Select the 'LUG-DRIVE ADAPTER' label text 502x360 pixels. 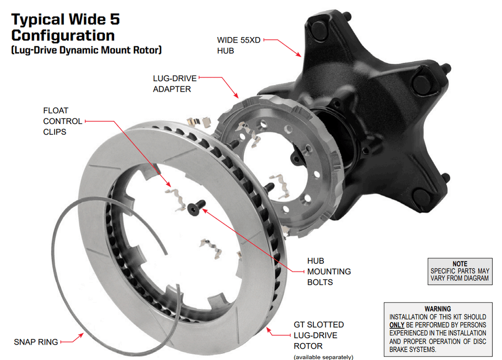click(x=172, y=84)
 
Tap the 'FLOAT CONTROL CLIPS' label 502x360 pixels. click(x=62, y=121)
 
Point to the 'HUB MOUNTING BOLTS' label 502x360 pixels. click(x=329, y=272)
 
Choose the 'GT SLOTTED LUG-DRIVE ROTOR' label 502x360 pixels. click(x=318, y=335)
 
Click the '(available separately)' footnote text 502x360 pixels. click(x=324, y=356)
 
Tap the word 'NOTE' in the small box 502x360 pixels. click(x=460, y=264)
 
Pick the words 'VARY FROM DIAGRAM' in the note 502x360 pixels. click(x=460, y=278)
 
